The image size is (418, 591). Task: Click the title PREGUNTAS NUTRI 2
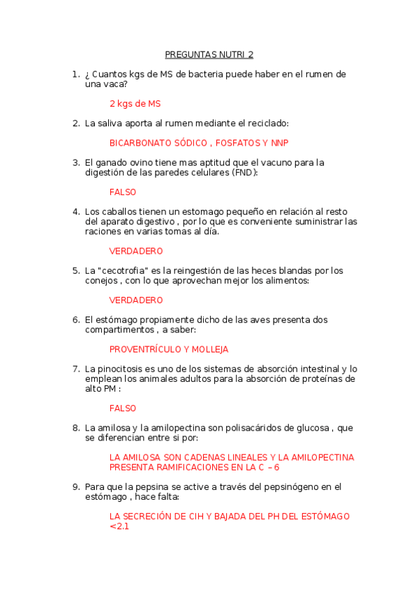pyautogui.click(x=209, y=54)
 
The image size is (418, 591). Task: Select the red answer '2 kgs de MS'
pyautogui.click(x=135, y=104)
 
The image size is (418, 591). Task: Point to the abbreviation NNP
pyautogui.click(x=279, y=143)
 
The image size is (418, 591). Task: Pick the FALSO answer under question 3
pyautogui.click(x=123, y=192)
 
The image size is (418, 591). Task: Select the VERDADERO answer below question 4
pyautogui.click(x=136, y=251)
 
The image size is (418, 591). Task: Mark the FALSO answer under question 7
pyautogui.click(x=123, y=408)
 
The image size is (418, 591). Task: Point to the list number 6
pyautogui.click(x=76, y=320)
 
